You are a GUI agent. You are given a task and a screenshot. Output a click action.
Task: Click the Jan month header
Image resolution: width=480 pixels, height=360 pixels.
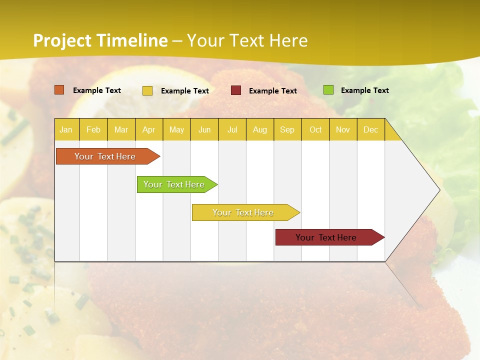click(66, 129)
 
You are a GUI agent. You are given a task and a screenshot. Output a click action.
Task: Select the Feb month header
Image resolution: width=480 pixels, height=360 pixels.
click(93, 129)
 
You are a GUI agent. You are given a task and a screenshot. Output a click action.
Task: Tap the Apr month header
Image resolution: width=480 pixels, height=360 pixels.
click(148, 129)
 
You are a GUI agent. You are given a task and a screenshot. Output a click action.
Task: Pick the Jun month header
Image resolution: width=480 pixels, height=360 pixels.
click(204, 129)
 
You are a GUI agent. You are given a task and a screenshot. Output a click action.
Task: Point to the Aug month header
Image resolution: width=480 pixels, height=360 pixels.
click(259, 129)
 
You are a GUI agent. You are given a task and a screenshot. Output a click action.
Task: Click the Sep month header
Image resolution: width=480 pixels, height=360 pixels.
click(287, 129)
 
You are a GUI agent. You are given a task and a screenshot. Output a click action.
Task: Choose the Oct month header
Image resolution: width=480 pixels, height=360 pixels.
click(315, 129)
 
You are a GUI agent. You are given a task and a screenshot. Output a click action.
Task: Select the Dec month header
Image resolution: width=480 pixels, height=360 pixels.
click(370, 129)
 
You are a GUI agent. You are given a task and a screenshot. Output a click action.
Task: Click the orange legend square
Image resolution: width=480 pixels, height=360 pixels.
click(59, 90)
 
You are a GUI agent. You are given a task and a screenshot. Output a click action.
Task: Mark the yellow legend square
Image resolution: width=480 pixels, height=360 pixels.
click(147, 90)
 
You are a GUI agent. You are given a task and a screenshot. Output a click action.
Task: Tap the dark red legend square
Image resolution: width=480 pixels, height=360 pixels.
click(236, 90)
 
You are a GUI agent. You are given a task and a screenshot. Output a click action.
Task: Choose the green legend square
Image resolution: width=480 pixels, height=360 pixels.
click(328, 90)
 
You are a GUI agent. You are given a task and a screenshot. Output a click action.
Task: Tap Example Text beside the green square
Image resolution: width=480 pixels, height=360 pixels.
click(364, 90)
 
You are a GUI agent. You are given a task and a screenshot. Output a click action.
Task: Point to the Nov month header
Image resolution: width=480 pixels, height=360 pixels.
click(343, 129)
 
